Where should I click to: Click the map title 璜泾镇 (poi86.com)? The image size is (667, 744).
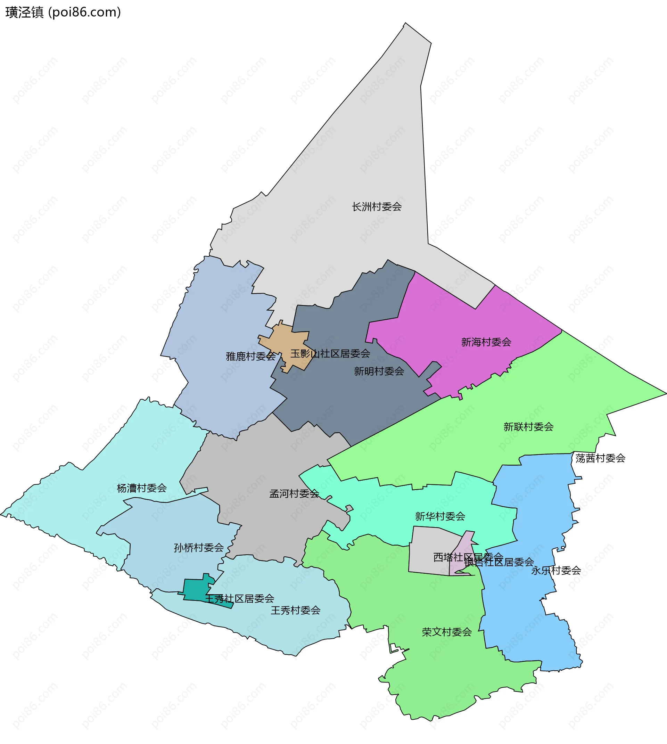[x=63, y=13]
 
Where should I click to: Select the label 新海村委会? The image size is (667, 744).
[x=486, y=342]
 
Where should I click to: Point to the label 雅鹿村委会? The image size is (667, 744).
[x=251, y=356]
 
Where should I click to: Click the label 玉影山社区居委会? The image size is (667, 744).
[x=330, y=354]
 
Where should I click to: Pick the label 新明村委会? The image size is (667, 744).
[x=379, y=371]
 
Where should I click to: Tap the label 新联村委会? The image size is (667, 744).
[x=528, y=427]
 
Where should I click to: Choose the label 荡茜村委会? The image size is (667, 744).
[x=600, y=458]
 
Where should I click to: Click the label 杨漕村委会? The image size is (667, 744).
[x=142, y=488]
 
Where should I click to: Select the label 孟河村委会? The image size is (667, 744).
[x=294, y=494]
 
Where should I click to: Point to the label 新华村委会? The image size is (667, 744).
[x=440, y=516]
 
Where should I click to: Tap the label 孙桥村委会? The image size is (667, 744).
[x=199, y=548]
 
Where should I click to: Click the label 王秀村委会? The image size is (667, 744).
[x=295, y=610]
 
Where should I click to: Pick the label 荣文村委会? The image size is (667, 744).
[x=446, y=632]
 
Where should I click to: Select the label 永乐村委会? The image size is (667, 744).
[x=556, y=570]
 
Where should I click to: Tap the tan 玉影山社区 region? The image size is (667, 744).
[x=289, y=344]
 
